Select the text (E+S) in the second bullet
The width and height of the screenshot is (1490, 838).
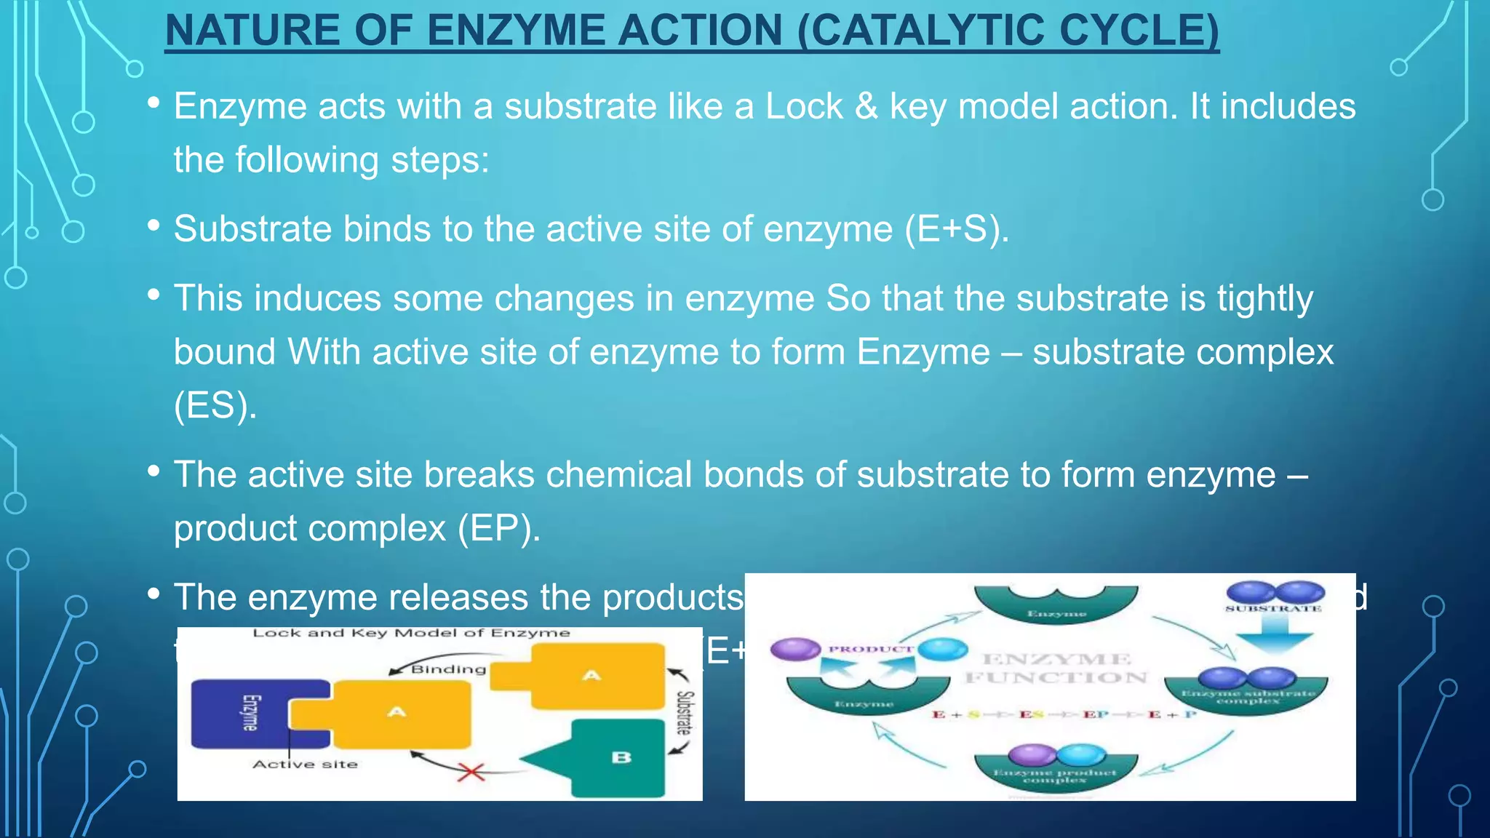click(956, 229)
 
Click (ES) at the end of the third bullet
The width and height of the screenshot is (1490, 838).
click(215, 405)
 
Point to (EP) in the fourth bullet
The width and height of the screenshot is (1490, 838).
click(498, 528)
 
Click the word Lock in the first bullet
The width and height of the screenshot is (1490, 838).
click(803, 107)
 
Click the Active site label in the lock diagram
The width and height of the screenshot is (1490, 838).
click(305, 765)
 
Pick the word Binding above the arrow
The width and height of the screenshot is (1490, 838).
click(448, 669)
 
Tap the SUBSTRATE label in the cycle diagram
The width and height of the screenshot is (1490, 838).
click(1273, 608)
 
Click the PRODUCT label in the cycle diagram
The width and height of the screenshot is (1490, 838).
click(871, 649)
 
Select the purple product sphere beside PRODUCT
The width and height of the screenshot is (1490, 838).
click(794, 648)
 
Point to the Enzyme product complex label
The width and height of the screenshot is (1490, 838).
click(1055, 776)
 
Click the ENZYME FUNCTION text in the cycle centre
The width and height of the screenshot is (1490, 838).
click(1056, 669)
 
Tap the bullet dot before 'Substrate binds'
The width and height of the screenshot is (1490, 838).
click(154, 226)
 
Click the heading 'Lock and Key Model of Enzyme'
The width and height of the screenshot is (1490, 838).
click(411, 633)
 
